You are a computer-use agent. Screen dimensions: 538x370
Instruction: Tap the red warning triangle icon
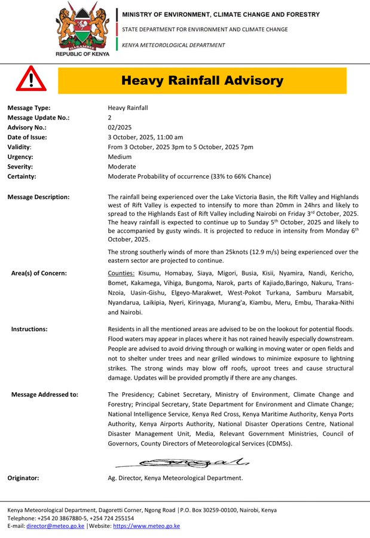pyautogui.click(x=31, y=80)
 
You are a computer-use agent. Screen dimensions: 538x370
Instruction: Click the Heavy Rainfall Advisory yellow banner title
pyautogui.click(x=202, y=80)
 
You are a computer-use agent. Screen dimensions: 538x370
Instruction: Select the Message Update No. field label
pyautogui.click(x=38, y=118)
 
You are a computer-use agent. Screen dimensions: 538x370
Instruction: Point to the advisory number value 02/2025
pyautogui.click(x=120, y=127)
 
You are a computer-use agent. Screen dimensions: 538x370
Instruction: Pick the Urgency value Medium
pyautogui.click(x=120, y=157)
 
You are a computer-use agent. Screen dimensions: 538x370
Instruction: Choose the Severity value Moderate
pyautogui.click(x=121, y=167)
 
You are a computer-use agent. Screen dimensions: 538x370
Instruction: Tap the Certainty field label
pyautogui.click(x=22, y=176)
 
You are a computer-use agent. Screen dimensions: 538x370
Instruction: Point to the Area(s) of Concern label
pyautogui.click(x=39, y=273)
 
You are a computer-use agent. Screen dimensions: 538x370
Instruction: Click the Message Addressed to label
pyautogui.click(x=45, y=395)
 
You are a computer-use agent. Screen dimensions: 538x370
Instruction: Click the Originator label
pyautogui.click(x=23, y=478)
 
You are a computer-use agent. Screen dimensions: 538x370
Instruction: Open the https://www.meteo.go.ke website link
pyautogui.click(x=146, y=526)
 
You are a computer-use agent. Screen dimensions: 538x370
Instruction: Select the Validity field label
pyautogui.click(x=19, y=147)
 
